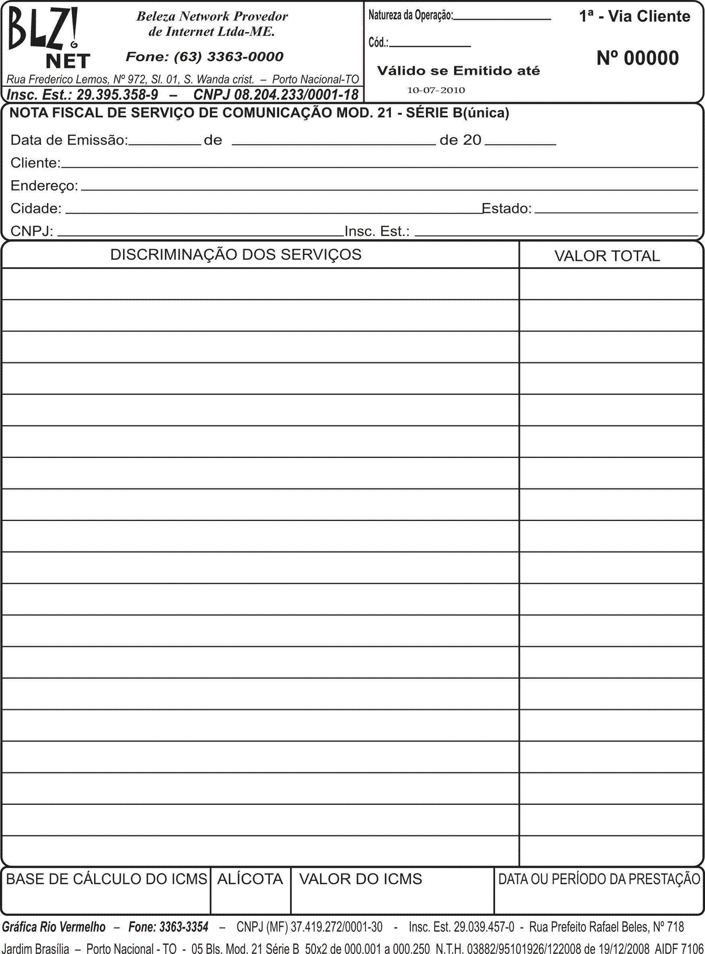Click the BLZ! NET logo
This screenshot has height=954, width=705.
click(47, 39)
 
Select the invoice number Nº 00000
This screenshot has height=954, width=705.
click(637, 58)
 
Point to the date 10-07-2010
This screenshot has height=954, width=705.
click(436, 90)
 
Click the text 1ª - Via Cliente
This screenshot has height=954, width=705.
click(634, 16)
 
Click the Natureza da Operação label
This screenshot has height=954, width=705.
click(410, 15)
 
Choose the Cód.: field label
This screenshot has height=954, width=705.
click(378, 42)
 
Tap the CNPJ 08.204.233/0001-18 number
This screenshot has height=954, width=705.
click(275, 94)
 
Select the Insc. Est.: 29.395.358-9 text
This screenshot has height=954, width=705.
click(82, 94)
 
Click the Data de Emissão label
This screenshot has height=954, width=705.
click(69, 140)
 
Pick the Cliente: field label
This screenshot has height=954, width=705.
click(35, 163)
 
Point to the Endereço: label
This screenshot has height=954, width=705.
click(44, 186)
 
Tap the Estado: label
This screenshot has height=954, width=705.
click(507, 208)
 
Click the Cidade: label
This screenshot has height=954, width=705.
click(36, 208)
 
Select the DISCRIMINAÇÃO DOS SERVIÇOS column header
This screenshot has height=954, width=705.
click(236, 254)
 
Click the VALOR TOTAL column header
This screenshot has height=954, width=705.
click(607, 256)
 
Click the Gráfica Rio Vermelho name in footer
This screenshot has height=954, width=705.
click(54, 927)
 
